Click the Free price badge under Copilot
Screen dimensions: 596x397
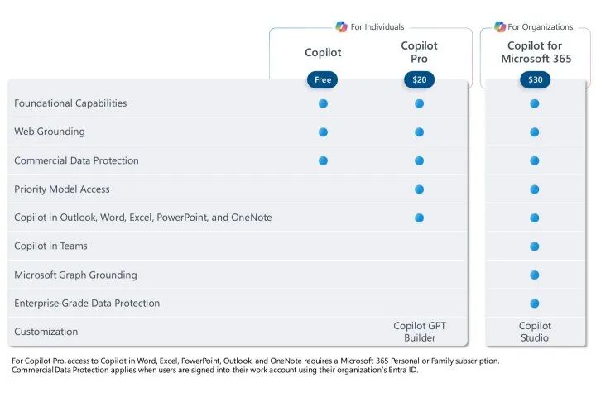(322, 79)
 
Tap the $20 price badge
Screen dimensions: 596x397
(419, 79)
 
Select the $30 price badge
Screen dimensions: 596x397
(536, 79)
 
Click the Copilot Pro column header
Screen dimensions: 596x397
(419, 52)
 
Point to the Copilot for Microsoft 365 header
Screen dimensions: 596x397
(536, 52)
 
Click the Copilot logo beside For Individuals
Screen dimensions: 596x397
(341, 26)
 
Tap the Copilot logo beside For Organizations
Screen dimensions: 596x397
(500, 26)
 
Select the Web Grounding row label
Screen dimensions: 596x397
(50, 132)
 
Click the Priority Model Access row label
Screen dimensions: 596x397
(62, 189)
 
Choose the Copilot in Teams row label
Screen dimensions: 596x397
(50, 246)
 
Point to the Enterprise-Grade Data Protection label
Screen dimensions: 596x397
(87, 304)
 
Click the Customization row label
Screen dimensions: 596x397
(46, 332)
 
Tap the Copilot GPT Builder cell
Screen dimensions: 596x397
(420, 332)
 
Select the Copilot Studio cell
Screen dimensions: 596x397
(535, 332)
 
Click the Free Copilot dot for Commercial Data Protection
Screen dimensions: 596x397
(323, 160)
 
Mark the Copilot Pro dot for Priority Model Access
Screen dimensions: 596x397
(419, 189)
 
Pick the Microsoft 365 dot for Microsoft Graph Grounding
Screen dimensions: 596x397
(535, 275)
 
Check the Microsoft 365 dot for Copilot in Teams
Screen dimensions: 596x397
(535, 246)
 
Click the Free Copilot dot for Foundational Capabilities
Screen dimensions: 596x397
(323, 103)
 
